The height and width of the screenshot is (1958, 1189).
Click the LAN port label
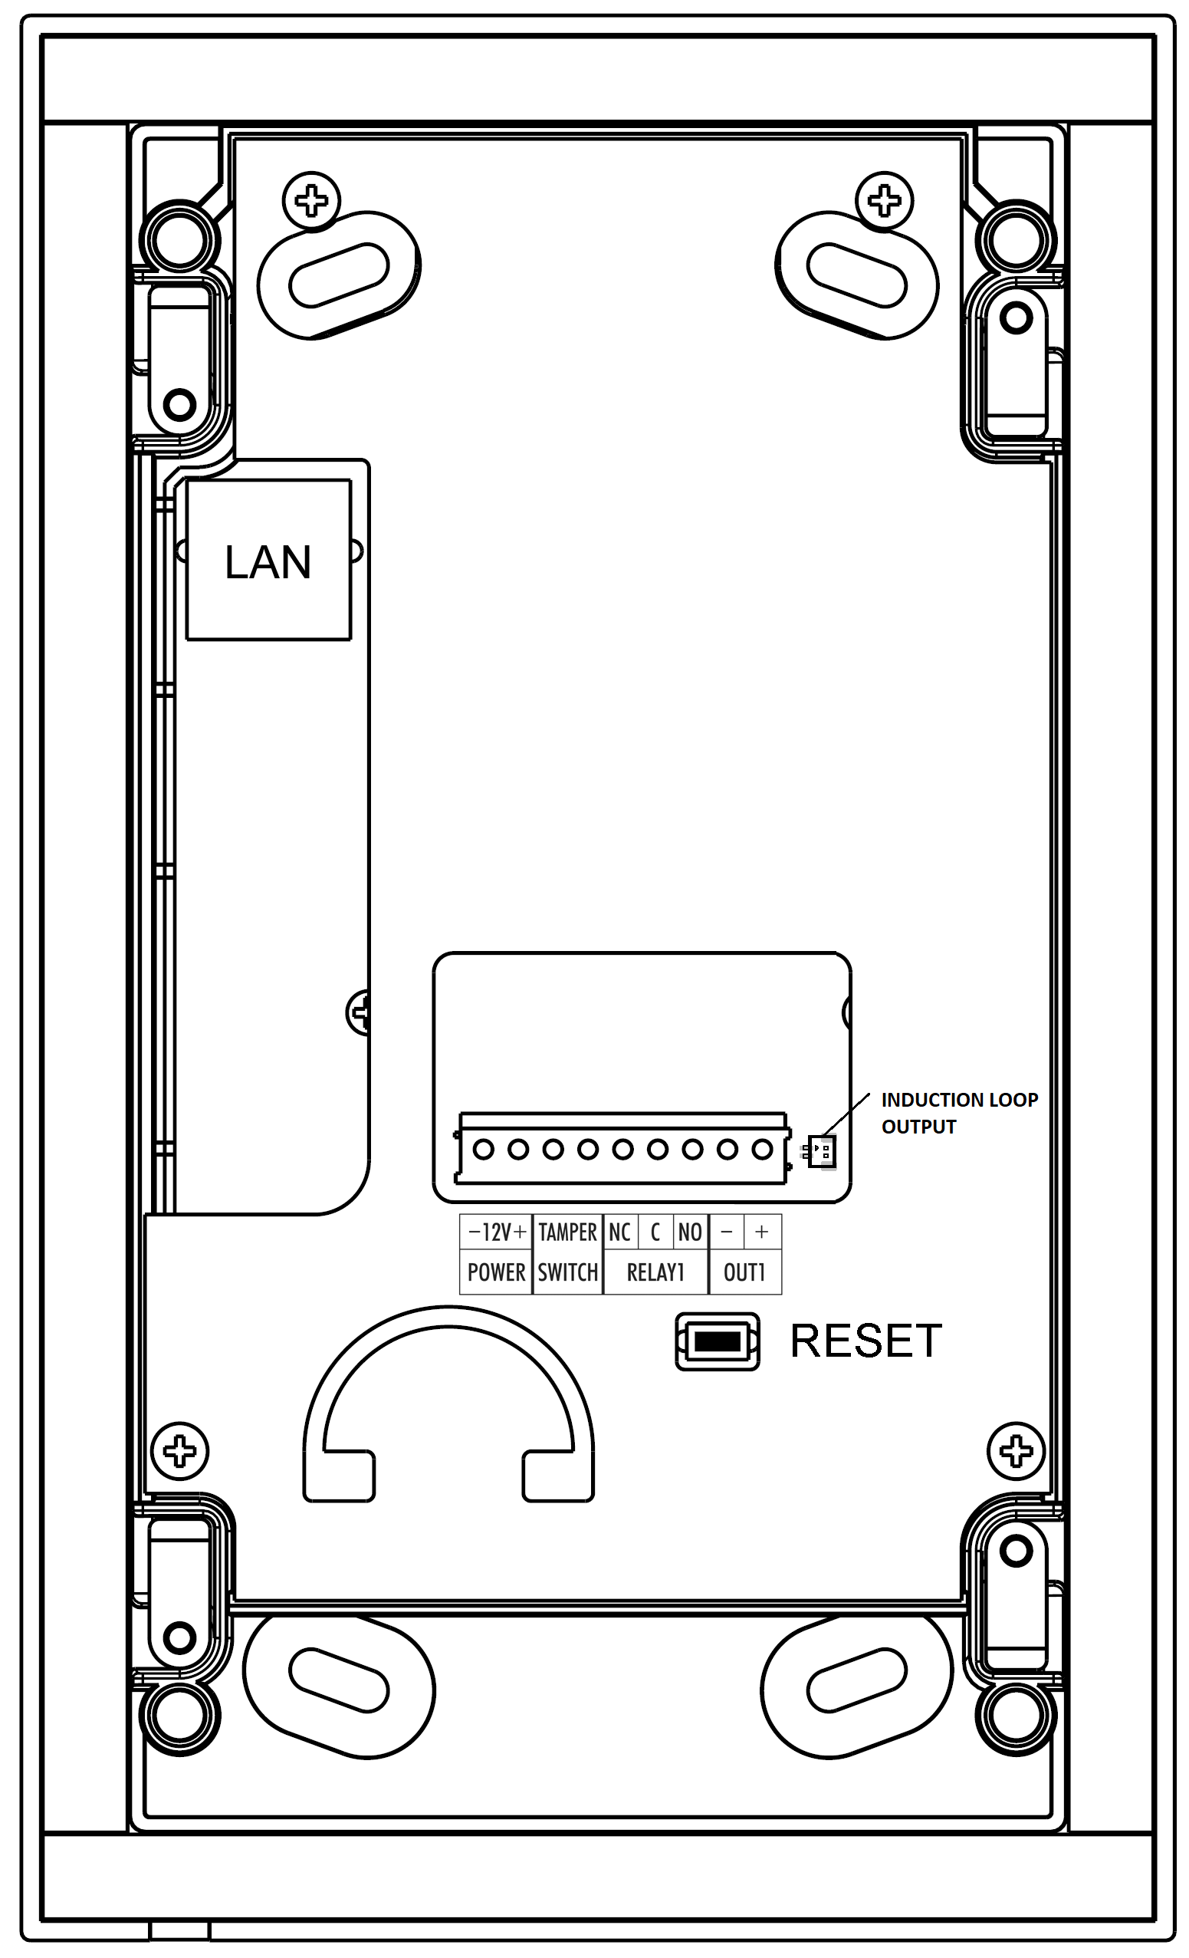[x=268, y=563]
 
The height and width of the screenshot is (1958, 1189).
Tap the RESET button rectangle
[x=718, y=1341]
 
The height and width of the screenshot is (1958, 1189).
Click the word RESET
[x=865, y=1341]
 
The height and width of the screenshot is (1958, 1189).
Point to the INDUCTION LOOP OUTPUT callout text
[x=959, y=1113]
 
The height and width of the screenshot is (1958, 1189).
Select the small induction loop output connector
[x=821, y=1150]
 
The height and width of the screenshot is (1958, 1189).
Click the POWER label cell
[x=496, y=1272]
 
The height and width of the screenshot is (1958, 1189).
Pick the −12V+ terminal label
[x=497, y=1232]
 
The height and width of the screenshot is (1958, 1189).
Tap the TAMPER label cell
[x=567, y=1232]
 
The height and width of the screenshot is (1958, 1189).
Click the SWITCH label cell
[x=567, y=1272]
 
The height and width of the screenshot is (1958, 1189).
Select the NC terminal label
[x=619, y=1232]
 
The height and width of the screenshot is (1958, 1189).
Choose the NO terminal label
[x=689, y=1232]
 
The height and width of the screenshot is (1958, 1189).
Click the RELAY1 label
[x=655, y=1272]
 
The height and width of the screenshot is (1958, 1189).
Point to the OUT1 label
[x=744, y=1272]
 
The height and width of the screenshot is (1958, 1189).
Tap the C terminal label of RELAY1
[x=655, y=1232]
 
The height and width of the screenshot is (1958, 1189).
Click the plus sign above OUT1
[x=762, y=1232]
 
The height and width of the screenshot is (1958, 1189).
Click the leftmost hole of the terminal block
[x=484, y=1149]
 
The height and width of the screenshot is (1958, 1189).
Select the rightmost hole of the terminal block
[x=763, y=1149]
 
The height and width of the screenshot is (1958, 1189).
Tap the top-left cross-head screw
[x=311, y=200]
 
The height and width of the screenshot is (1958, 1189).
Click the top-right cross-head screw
[x=884, y=200]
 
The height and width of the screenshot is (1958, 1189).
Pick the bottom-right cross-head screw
[x=1016, y=1452]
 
